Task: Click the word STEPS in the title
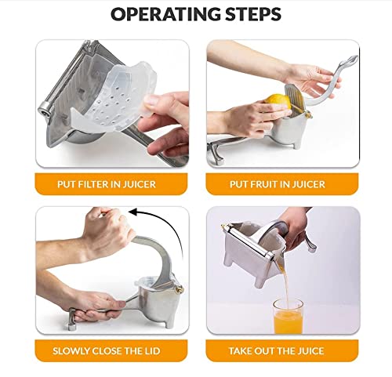253,14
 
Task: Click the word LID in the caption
152,351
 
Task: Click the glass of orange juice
288,317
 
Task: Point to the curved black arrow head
134,212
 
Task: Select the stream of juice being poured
285,282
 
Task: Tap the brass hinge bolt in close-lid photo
179,288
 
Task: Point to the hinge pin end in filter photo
45,109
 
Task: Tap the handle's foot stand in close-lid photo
71,319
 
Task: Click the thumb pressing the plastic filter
151,104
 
